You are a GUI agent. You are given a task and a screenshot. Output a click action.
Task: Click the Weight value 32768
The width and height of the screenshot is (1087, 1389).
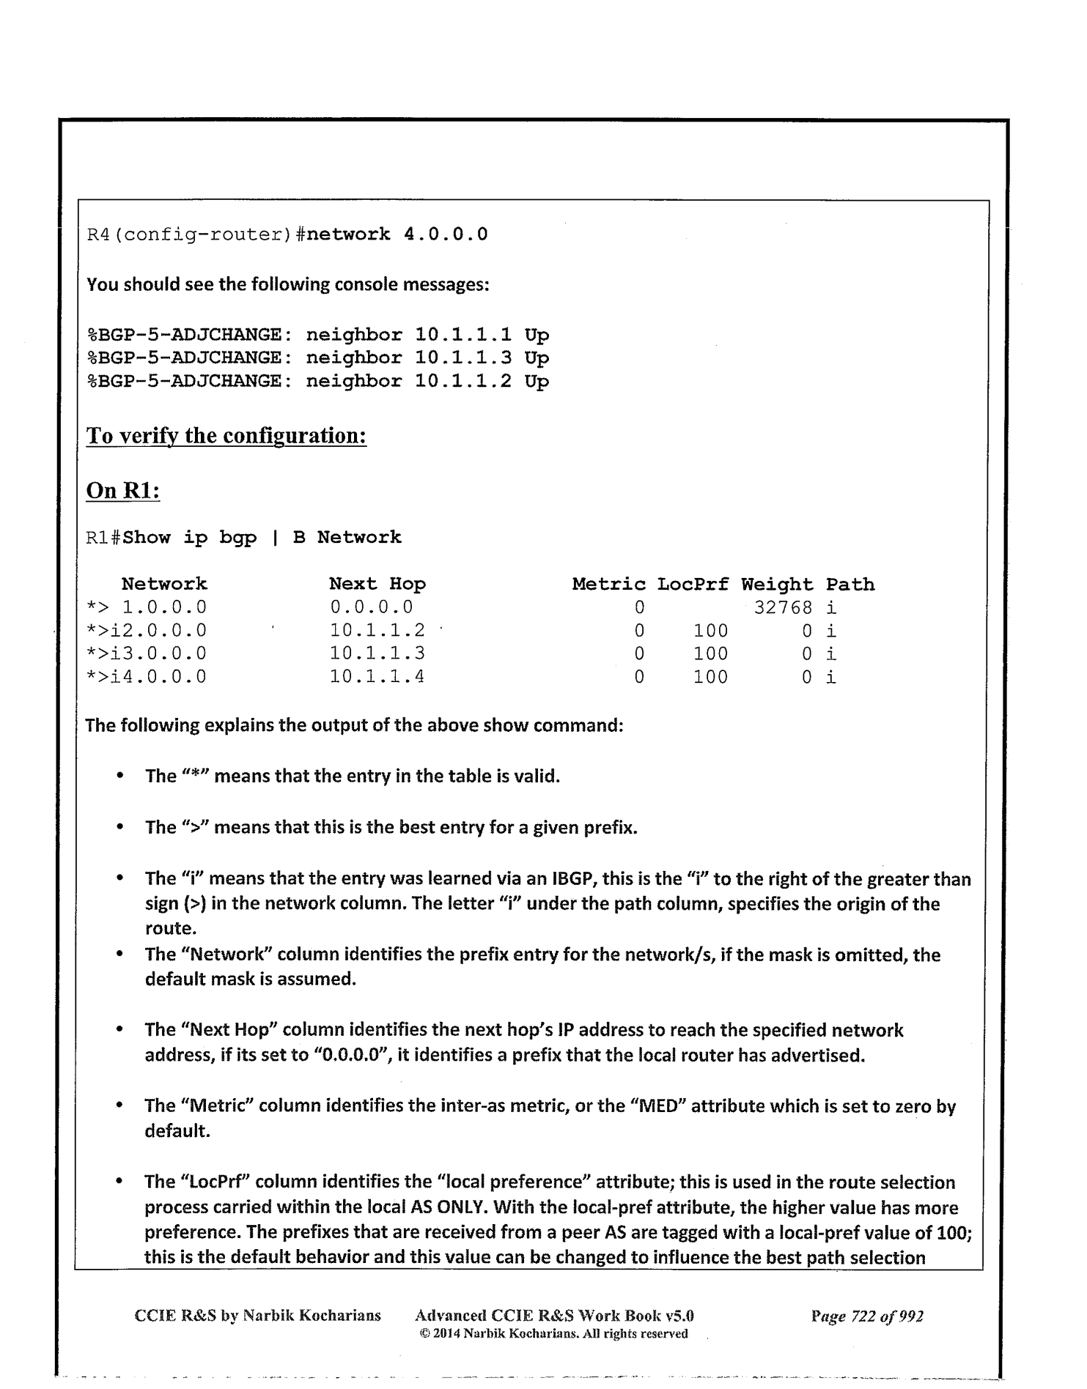click(x=783, y=607)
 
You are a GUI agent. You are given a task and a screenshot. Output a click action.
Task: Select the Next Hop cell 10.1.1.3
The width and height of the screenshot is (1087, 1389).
click(x=377, y=653)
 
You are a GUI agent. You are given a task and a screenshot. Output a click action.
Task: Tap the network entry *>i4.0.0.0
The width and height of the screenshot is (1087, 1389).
click(x=146, y=676)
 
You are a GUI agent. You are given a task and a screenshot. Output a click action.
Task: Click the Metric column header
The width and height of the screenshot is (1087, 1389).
click(x=608, y=584)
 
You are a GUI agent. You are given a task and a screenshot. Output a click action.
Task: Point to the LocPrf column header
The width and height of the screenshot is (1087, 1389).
click(x=693, y=584)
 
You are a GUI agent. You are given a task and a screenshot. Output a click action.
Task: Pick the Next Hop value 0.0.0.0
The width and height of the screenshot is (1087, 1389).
click(x=371, y=607)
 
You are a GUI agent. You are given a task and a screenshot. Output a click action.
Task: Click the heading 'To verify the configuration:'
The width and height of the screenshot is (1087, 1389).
click(x=226, y=436)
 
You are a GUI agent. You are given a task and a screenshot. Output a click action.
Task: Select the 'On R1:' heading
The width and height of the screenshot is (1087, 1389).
click(x=123, y=490)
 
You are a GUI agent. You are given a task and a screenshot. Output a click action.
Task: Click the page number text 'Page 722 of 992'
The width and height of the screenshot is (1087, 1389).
click(x=867, y=1316)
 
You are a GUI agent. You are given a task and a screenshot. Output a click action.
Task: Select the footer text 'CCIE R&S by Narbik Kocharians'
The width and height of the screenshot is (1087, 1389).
click(x=258, y=1316)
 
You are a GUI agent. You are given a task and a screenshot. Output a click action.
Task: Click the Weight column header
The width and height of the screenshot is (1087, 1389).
click(x=777, y=584)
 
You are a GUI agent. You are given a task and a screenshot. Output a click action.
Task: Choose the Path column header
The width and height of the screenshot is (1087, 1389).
click(x=850, y=584)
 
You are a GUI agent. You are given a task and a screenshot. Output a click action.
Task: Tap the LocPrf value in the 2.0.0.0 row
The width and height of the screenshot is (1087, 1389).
click(x=710, y=630)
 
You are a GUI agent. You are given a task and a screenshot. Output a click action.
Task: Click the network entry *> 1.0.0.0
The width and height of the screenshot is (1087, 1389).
click(x=146, y=607)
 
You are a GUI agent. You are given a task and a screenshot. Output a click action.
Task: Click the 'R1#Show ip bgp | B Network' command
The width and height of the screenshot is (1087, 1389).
click(x=244, y=537)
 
